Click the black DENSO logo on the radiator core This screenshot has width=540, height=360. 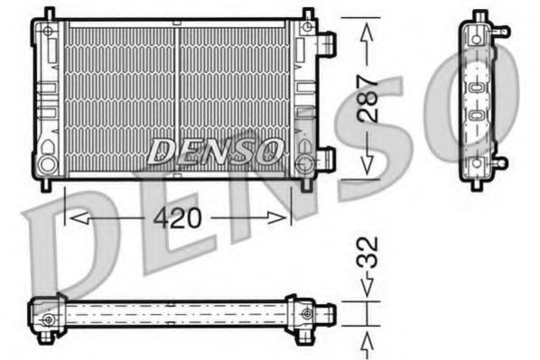point(215,150)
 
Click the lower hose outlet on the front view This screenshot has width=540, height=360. point(327,160)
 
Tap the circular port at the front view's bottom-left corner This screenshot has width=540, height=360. point(46,164)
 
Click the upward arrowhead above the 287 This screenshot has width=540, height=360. point(367,29)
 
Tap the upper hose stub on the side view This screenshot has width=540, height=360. point(500,32)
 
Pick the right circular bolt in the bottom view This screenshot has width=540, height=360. point(310,313)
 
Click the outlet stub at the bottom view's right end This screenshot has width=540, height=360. point(330,313)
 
